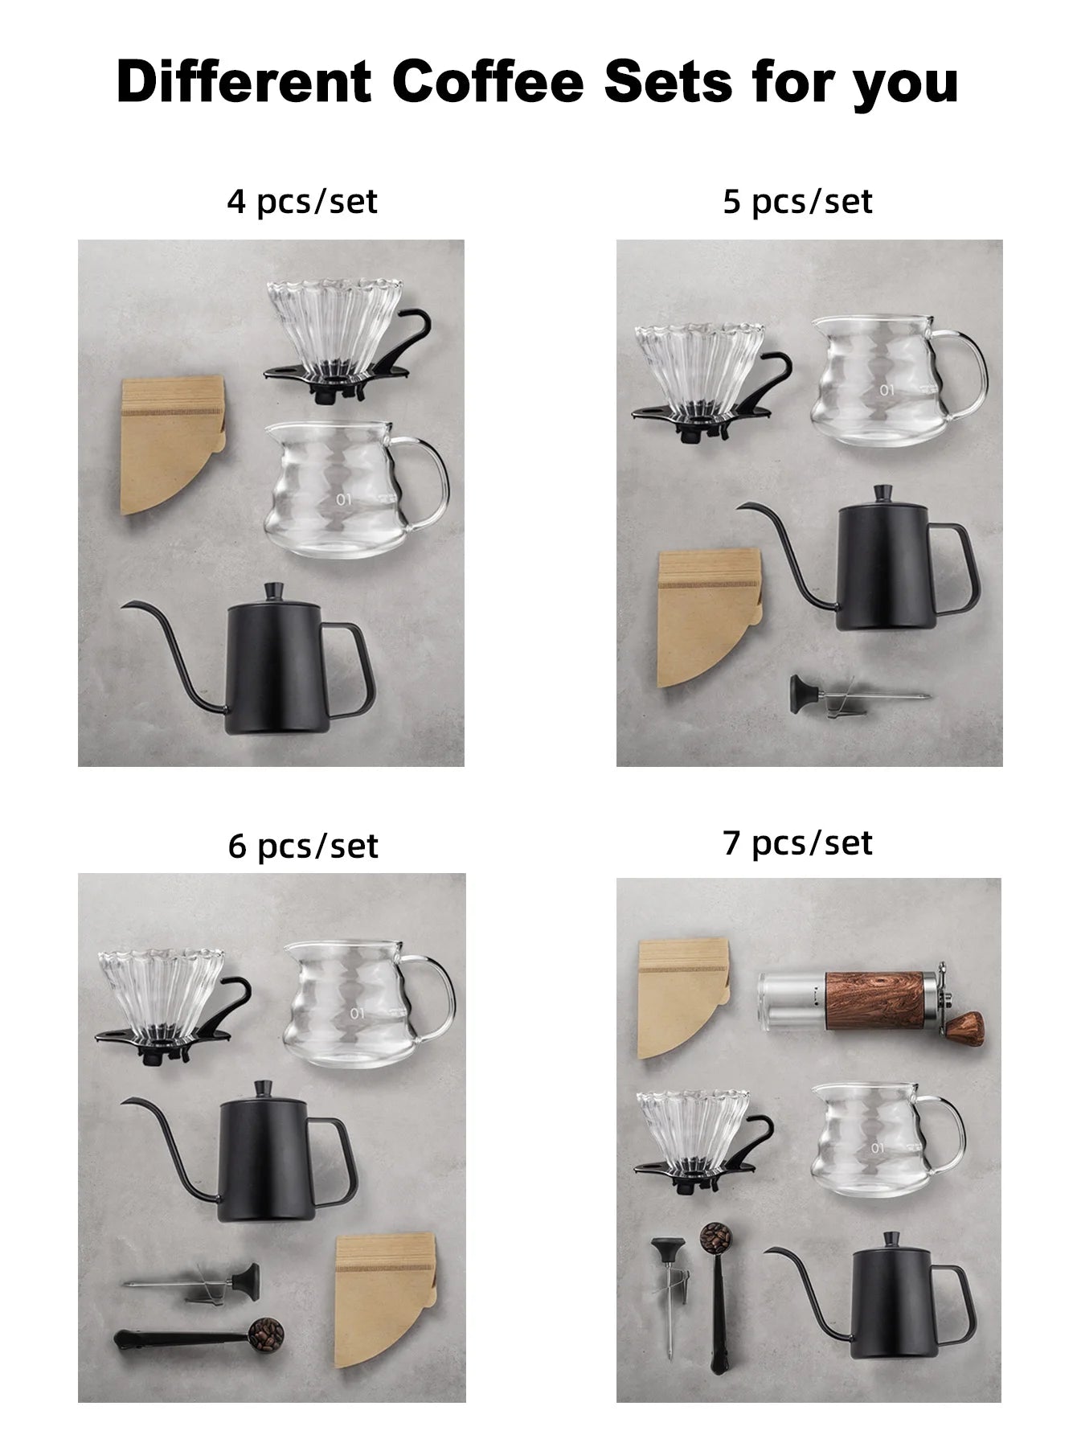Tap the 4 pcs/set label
pos(302,201)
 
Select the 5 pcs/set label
pos(797,201)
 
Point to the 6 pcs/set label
pos(303,846)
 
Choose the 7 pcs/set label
pos(797,843)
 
